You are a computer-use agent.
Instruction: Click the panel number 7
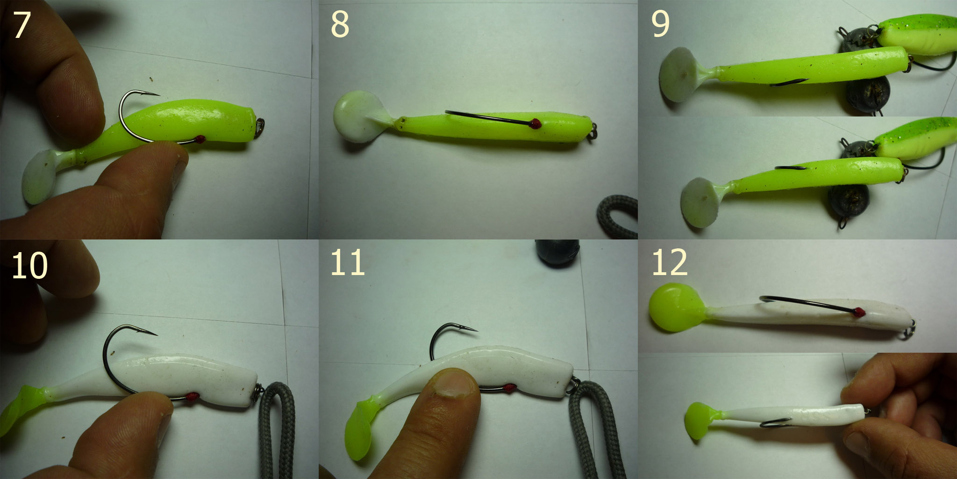click(x=21, y=25)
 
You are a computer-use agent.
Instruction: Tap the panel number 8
click(x=340, y=25)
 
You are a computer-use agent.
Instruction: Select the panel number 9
click(x=660, y=24)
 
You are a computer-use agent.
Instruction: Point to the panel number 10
click(x=29, y=265)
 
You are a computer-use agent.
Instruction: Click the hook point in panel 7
click(x=158, y=94)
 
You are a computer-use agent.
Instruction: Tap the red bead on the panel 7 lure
click(x=200, y=138)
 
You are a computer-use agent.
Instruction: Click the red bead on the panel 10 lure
click(x=193, y=397)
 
